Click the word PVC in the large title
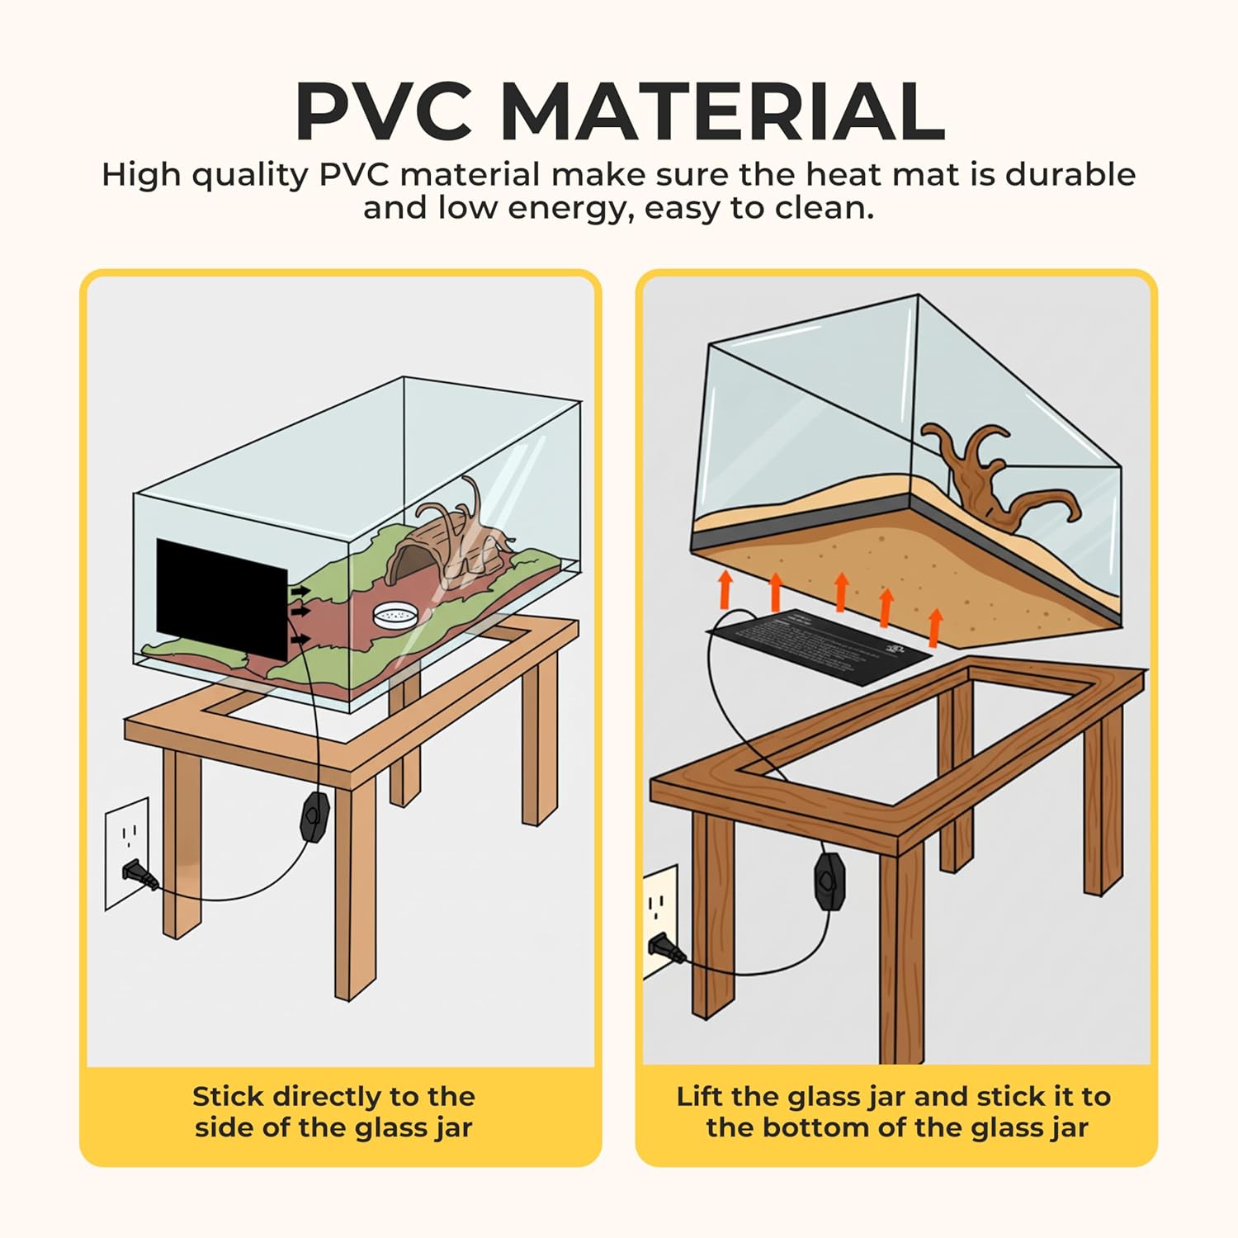click(384, 111)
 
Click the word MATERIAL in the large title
click(722, 111)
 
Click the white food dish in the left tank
click(395, 613)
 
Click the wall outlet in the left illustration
click(127, 853)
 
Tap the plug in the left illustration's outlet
click(140, 875)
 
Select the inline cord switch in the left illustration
click(314, 812)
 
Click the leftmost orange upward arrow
click(725, 587)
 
